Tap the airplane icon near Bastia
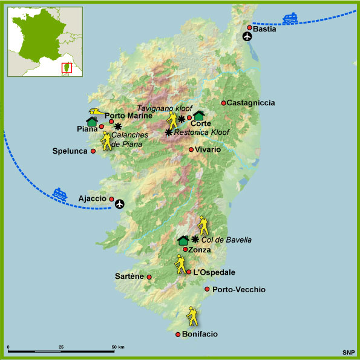pyautogui.click(x=247, y=36)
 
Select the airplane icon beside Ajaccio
pyautogui.click(x=119, y=203)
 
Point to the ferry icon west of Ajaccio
pyautogui.click(x=60, y=194)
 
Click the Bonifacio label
pyautogui.click(x=200, y=334)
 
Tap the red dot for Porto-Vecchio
pyautogui.click(x=208, y=289)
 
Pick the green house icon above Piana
pyautogui.click(x=92, y=121)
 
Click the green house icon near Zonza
pyautogui.click(x=183, y=240)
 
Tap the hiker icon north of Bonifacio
pyautogui.click(x=192, y=315)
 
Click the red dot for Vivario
pyautogui.click(x=191, y=149)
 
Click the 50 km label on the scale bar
pyautogui.click(x=117, y=347)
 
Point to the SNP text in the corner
pyautogui.click(x=347, y=352)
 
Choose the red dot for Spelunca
pyautogui.click(x=93, y=151)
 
